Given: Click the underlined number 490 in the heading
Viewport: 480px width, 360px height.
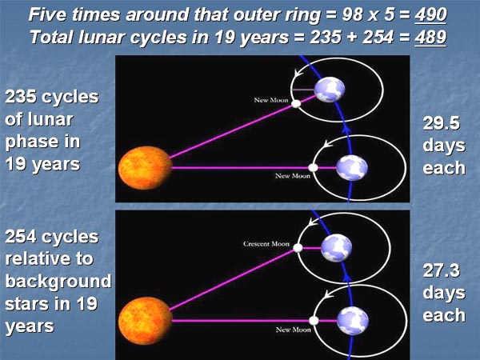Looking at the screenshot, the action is point(430,15).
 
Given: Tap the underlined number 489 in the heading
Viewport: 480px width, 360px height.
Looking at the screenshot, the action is point(430,38).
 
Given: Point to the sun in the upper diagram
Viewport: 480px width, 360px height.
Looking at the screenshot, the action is point(145,168).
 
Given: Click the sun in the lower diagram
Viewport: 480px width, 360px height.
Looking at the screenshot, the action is point(145,321).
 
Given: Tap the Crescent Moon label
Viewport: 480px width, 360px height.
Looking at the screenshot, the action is point(266,244).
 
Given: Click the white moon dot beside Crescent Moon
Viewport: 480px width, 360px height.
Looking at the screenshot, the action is point(298,248).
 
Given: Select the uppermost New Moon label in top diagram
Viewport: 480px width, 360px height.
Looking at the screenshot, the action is point(271,100).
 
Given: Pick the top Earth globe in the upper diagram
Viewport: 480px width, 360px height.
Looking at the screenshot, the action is point(330,90).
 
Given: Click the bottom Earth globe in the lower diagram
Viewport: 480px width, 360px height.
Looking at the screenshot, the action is point(353,321).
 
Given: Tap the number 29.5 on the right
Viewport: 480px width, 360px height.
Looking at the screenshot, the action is point(441,123).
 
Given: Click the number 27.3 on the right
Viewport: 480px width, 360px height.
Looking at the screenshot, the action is point(441,270).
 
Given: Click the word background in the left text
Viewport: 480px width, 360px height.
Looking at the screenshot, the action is point(58,282).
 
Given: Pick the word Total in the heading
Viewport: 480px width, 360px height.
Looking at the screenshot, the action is point(51,38).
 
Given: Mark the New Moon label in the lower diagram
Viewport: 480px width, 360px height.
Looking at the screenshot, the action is point(294,330).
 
